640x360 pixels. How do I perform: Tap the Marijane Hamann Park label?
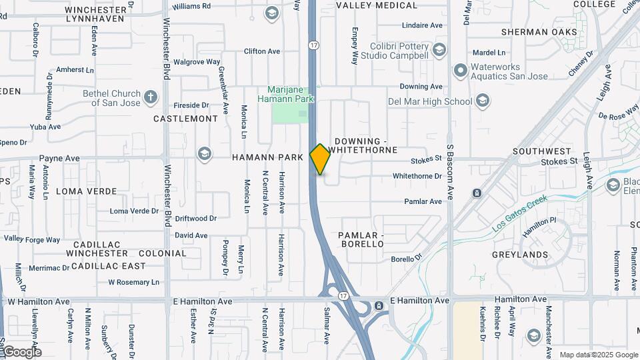tap(291, 94)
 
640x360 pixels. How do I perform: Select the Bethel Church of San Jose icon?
tap(151, 97)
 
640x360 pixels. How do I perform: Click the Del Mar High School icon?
tap(483, 101)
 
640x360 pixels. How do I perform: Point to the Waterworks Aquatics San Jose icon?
tap(460, 70)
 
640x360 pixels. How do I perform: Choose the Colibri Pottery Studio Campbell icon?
tap(439, 50)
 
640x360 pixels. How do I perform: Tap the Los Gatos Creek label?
tap(519, 213)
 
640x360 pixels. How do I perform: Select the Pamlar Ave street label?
tap(423, 201)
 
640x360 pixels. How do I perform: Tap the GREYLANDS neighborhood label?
tap(520, 255)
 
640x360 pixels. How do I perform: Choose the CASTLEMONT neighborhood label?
tap(185, 119)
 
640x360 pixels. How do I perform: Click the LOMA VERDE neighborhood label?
tap(86, 191)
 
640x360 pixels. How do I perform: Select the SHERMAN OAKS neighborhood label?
tap(539, 32)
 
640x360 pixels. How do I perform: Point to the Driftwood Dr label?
tap(196, 218)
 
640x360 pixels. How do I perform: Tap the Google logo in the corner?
tap(21, 351)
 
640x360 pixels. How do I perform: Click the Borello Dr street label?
tap(407, 259)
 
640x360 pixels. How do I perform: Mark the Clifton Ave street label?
tap(262, 51)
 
